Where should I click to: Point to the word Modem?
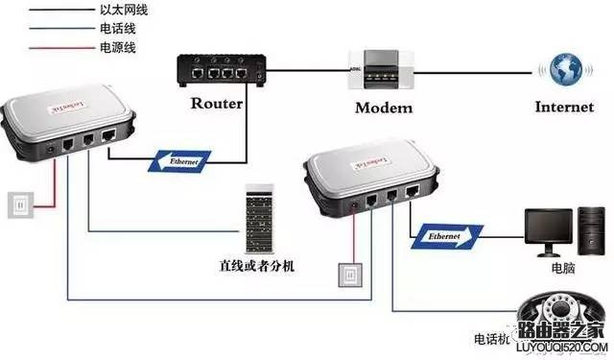click(382, 108)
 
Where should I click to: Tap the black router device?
click(220, 70)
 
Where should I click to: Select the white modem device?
click(381, 70)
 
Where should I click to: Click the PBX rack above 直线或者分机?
click(258, 217)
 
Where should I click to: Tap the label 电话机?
click(491, 339)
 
